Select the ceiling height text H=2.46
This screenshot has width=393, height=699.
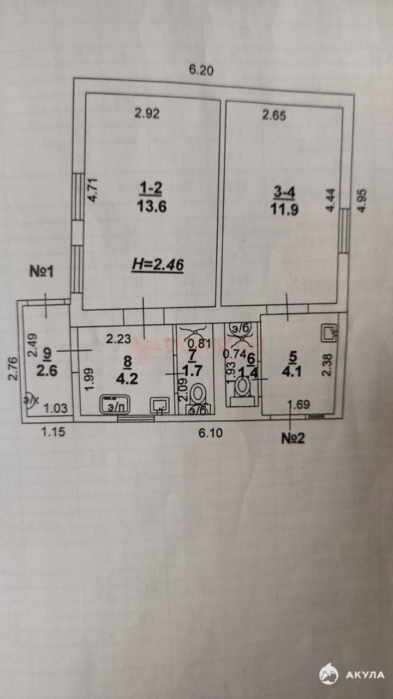(158, 266)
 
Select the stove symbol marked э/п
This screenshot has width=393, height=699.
(111, 405)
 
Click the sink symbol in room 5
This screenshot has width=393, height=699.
(330, 331)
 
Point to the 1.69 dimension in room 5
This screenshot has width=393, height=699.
(298, 405)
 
